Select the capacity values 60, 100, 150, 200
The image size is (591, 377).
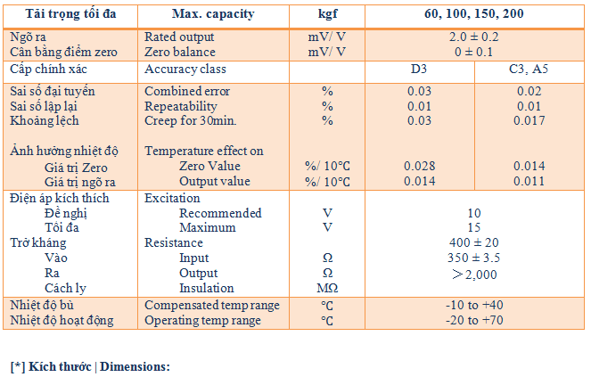click(474, 14)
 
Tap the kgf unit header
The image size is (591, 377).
click(327, 14)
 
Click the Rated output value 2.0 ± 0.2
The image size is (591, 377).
click(474, 37)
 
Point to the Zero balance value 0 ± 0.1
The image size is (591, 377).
click(474, 53)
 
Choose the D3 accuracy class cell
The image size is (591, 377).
click(418, 69)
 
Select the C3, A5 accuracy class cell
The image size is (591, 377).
click(529, 69)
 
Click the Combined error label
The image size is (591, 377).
click(187, 91)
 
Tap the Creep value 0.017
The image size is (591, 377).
click(529, 121)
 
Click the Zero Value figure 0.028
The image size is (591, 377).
click(418, 167)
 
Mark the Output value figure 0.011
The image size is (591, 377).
click(529, 182)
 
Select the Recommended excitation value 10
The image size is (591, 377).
click(474, 213)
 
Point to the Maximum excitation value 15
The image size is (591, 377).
click(474, 228)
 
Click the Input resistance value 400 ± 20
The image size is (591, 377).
click(474, 242)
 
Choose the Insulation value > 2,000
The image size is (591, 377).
click(474, 273)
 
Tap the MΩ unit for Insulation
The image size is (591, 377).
click(327, 288)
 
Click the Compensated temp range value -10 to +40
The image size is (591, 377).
click(474, 305)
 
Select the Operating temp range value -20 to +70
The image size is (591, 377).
click(474, 320)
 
